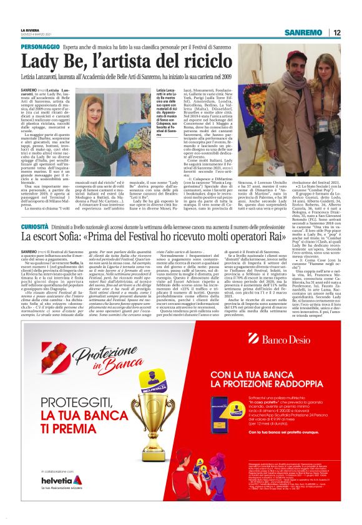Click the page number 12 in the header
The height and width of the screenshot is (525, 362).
click(x=337, y=32)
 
